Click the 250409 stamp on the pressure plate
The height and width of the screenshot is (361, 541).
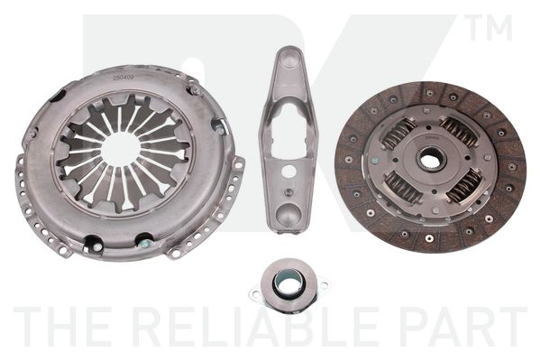click(124, 78)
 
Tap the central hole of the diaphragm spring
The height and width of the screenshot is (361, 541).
click(121, 149)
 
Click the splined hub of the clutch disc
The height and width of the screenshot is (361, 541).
click(431, 160)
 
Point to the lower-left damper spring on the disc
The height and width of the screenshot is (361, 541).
click(403, 188)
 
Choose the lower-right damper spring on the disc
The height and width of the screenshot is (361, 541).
click(464, 187)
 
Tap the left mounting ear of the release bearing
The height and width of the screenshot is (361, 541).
click(255, 293)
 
